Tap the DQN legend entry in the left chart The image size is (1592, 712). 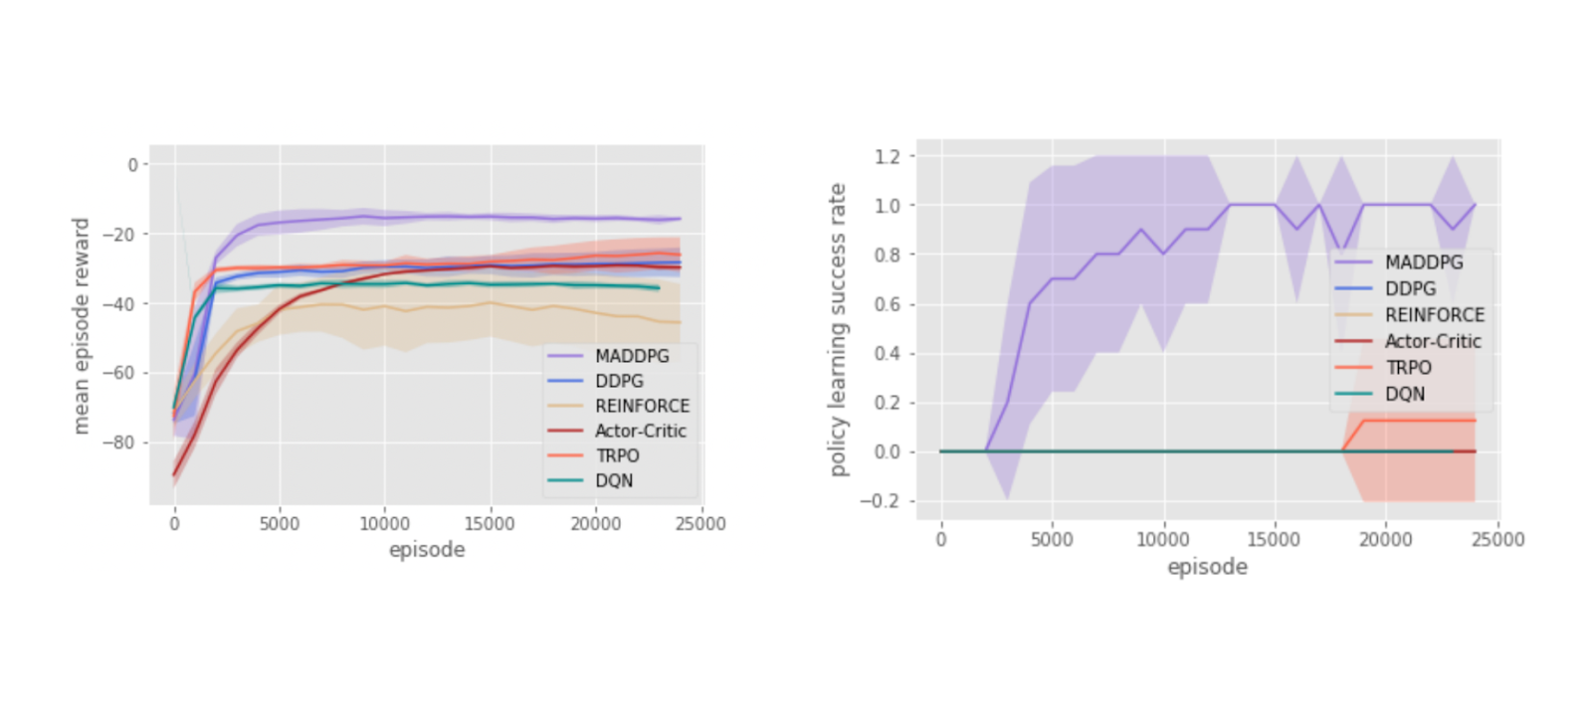coord(614,480)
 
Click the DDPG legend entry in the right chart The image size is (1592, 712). coord(1410,288)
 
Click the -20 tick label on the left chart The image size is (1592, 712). coord(124,234)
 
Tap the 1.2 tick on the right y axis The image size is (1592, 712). coord(888,156)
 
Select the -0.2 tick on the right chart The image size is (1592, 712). coord(881,501)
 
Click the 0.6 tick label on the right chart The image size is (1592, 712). coord(888,304)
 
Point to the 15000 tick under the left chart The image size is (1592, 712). coord(490,523)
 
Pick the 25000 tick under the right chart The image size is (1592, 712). coord(1497,539)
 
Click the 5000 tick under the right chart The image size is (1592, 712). coord(1052,539)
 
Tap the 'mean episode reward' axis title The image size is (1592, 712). coord(82,325)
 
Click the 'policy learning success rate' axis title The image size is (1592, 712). coord(838,329)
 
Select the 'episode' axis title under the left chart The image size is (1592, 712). coord(427,550)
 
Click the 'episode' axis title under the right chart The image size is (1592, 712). coord(1207,567)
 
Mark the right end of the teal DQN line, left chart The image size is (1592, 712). coord(659,288)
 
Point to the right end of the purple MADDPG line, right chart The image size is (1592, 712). coord(1475,205)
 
